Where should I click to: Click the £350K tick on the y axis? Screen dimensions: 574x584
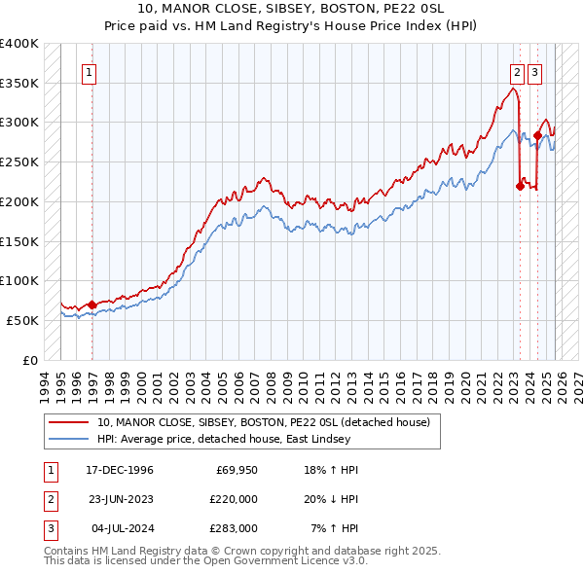coord(19,84)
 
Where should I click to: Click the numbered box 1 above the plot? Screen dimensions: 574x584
coord(90,71)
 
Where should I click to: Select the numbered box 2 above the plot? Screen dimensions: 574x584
coord(516,71)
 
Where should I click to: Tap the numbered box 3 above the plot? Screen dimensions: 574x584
coord(535,71)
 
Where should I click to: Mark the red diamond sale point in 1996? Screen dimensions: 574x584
coord(92,305)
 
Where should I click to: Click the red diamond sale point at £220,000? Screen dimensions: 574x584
coord(520,186)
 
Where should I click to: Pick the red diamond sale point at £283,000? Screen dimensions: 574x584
coord(537,136)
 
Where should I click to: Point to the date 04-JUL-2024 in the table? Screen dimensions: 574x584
coord(119,528)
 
